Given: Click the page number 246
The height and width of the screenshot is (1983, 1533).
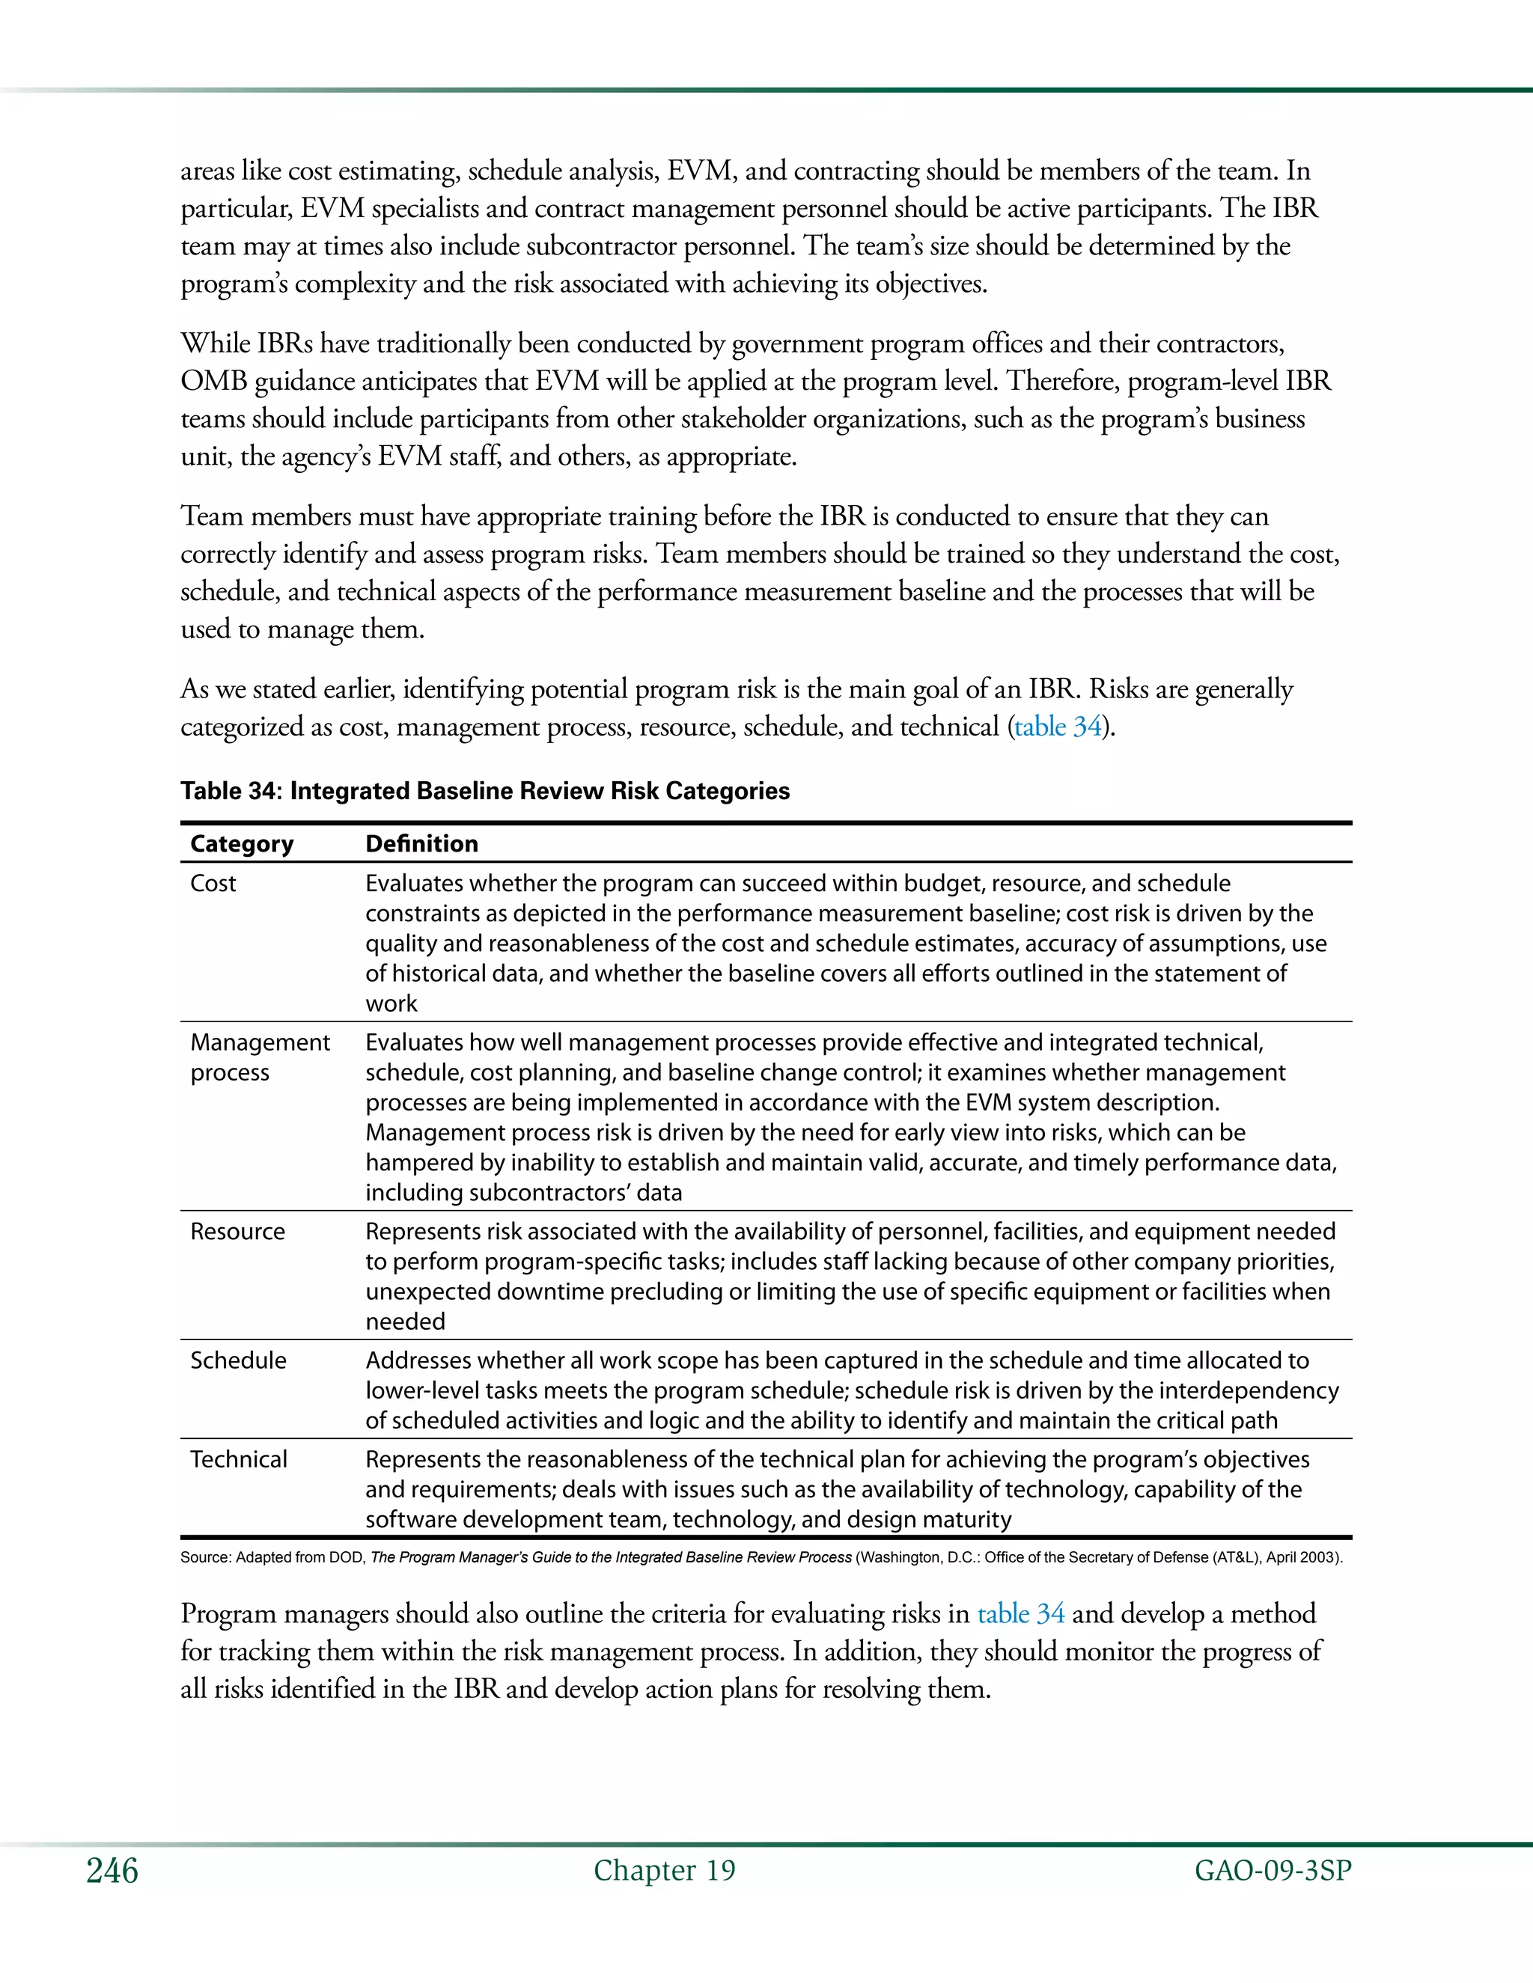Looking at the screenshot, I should pyautogui.click(x=112, y=1871).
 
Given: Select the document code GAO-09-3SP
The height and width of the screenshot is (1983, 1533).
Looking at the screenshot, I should pyautogui.click(x=1273, y=1871).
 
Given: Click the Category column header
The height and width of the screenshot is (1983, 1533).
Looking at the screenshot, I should pyautogui.click(x=242, y=843).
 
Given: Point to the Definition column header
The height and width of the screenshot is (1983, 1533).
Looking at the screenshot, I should pyautogui.click(x=421, y=843).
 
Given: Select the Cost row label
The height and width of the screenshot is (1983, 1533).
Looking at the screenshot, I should pyautogui.click(x=213, y=884).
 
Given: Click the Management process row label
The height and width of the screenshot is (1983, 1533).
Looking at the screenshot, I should pyautogui.click(x=260, y=1057).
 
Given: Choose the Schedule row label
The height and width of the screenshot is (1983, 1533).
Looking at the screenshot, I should pyautogui.click(x=238, y=1360).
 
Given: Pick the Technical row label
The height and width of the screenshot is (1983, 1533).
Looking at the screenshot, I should pyautogui.click(x=238, y=1459).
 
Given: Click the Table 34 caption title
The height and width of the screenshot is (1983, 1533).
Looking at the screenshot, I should pyautogui.click(x=485, y=791).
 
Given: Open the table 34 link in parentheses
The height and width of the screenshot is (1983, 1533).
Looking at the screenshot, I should pyautogui.click(x=1057, y=727).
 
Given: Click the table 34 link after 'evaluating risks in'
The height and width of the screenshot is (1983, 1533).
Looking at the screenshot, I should pyautogui.click(x=1020, y=1613).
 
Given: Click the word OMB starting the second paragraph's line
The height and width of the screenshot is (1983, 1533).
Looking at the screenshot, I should pyautogui.click(x=213, y=382).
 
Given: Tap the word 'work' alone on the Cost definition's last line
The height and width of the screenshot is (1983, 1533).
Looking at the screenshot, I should pyautogui.click(x=391, y=1003).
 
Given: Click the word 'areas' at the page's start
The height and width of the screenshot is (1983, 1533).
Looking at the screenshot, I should pyautogui.click(x=207, y=171).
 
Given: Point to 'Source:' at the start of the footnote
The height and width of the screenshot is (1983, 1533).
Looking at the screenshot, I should pyautogui.click(x=205, y=1557).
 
